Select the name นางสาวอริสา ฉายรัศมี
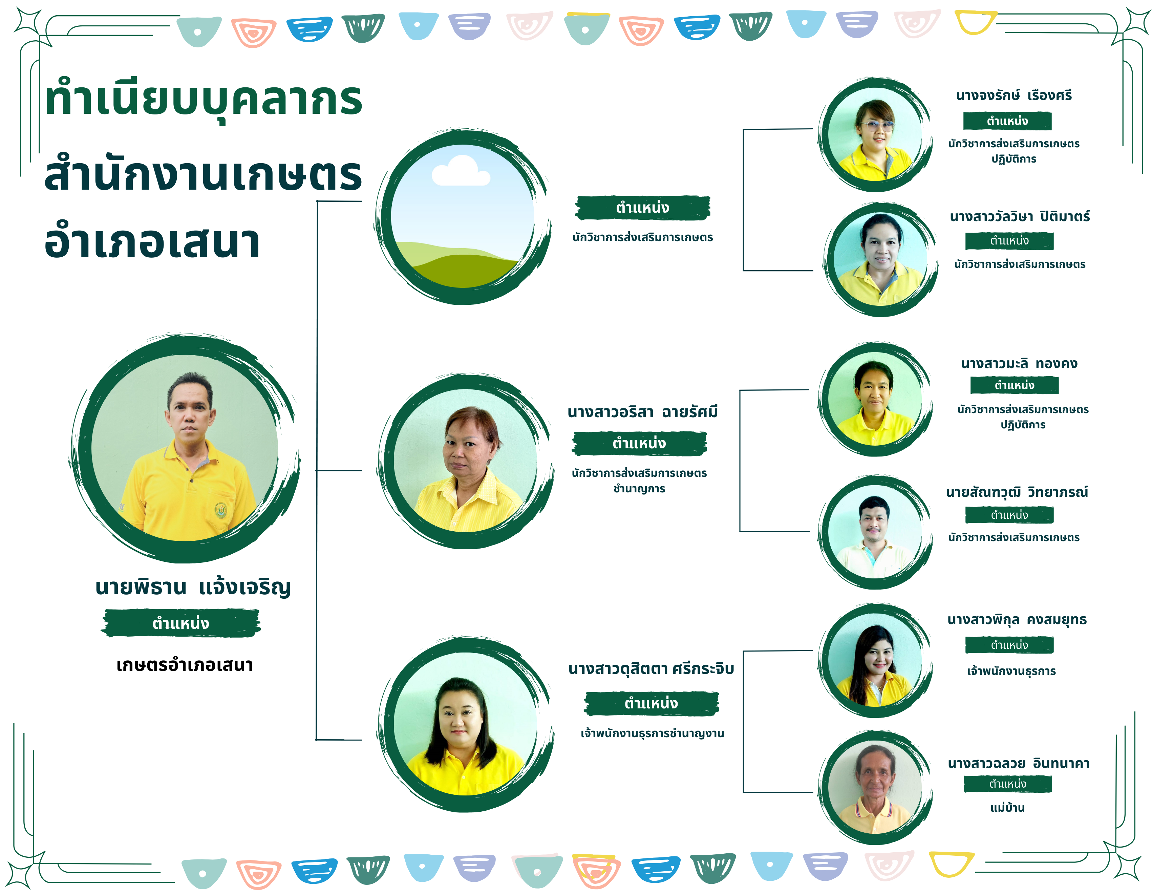(642, 412)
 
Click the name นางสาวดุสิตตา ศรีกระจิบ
(651, 669)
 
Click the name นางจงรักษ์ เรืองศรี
(1014, 95)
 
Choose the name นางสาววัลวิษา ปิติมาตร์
(1020, 217)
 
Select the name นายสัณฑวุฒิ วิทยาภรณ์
(1017, 493)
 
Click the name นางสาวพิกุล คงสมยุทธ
(1017, 620)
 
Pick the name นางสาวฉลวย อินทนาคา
(1019, 763)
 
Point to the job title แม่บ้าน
(1007, 807)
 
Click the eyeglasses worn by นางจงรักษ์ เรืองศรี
(877, 126)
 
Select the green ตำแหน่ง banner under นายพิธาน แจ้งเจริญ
(180, 623)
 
